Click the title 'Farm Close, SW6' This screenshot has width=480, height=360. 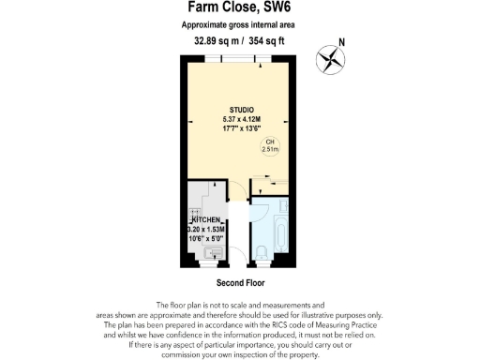[x=239, y=8]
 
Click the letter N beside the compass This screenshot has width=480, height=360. [x=341, y=42]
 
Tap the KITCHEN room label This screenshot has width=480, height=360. [x=207, y=219]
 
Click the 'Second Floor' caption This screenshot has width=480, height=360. [x=239, y=281]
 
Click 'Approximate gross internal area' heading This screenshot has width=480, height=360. [x=239, y=27]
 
